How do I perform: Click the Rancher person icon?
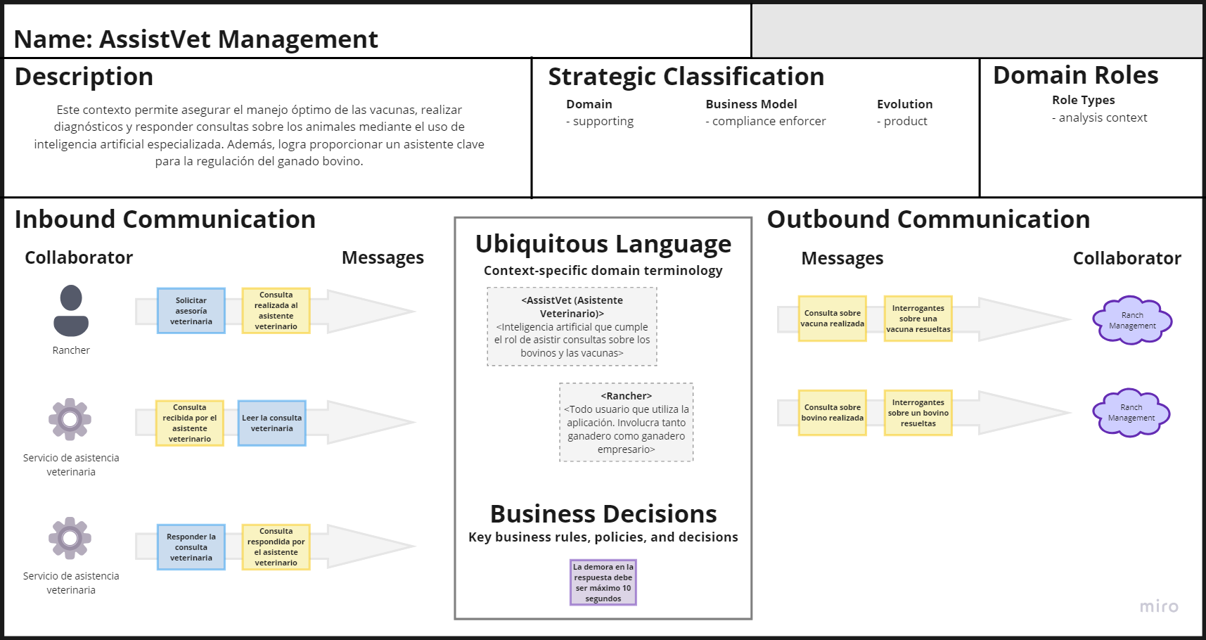pos(71,310)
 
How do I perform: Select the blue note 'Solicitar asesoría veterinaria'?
pos(191,311)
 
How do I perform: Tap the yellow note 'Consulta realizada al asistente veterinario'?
pos(276,311)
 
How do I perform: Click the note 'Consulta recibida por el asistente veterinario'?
pos(190,423)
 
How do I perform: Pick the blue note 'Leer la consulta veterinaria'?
pos(272,423)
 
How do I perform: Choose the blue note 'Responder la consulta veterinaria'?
pos(191,547)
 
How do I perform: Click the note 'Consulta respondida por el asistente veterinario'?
pos(276,547)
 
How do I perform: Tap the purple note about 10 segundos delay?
pos(603,582)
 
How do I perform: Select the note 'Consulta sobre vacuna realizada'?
pos(833,319)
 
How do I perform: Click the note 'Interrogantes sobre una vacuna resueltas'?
pos(918,319)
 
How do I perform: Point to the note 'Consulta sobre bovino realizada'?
pos(833,413)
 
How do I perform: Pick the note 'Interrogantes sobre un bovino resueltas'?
pos(918,413)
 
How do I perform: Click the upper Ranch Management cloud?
pos(1132,320)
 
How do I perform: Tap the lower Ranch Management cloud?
pos(1131,413)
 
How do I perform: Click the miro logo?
pos(1159,606)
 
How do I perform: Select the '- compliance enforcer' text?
pos(766,121)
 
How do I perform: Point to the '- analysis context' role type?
pos(1100,117)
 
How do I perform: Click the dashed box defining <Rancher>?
pos(627,422)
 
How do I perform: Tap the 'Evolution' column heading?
pos(905,104)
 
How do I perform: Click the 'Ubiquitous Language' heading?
pos(603,244)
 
